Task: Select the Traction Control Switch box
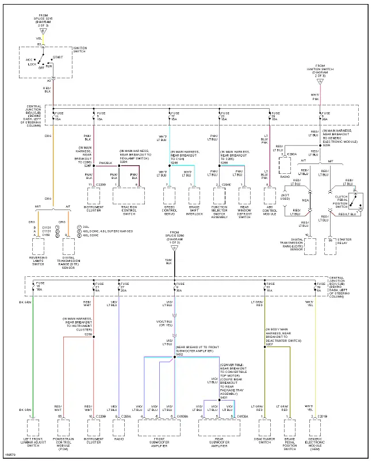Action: pos(125,196)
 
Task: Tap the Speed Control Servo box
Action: pos(170,196)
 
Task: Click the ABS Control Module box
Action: pos(268,196)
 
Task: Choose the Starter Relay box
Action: pos(330,246)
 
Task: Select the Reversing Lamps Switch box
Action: pos(39,246)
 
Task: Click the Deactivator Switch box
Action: pos(264,429)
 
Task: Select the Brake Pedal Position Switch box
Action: pos(290,429)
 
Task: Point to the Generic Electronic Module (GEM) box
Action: pos(315,429)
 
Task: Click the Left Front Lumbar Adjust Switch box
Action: pos(33,429)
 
